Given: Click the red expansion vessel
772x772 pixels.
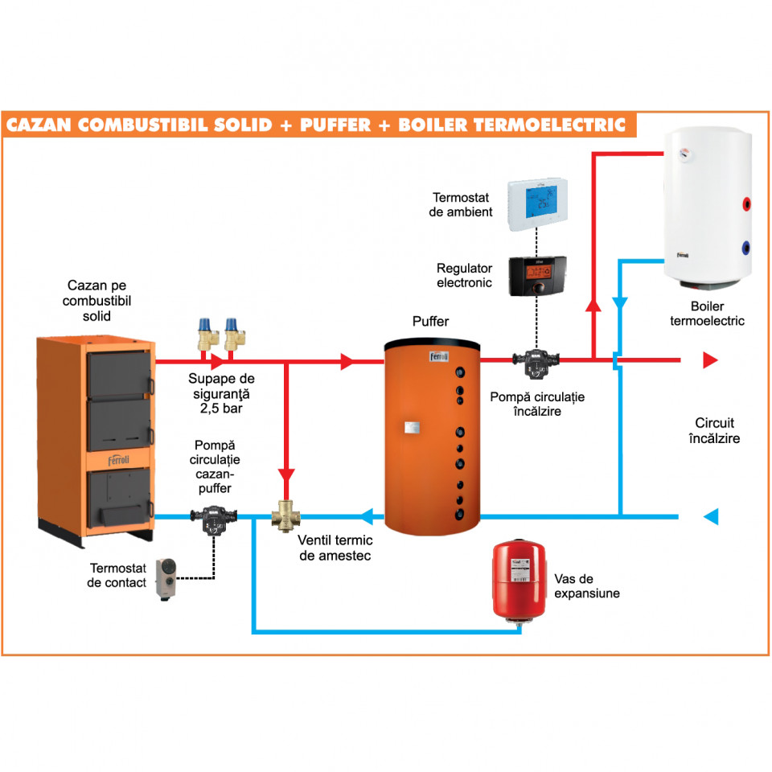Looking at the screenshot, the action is pyautogui.click(x=519, y=580).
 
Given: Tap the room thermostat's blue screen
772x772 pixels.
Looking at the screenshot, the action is pyautogui.click(x=541, y=202).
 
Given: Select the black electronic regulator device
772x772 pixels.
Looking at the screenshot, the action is pyautogui.click(x=537, y=276).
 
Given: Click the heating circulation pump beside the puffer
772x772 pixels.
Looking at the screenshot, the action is pyautogui.click(x=536, y=363).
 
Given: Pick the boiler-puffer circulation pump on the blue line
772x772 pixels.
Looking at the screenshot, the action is pyautogui.click(x=214, y=519).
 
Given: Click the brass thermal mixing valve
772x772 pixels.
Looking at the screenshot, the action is pyautogui.click(x=286, y=516).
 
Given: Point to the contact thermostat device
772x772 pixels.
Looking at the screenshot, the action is pyautogui.click(x=166, y=579).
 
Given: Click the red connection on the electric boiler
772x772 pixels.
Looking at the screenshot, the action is pyautogui.click(x=747, y=203).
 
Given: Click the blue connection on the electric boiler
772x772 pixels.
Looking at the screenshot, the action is pyautogui.click(x=746, y=247).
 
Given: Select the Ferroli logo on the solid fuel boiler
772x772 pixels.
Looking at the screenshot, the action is pyautogui.click(x=119, y=460).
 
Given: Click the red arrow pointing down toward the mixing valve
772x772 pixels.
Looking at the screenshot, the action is pyautogui.click(x=286, y=475).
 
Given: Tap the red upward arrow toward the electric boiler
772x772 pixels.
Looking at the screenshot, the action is pyautogui.click(x=593, y=306).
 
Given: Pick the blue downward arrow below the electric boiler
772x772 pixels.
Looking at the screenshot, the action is pyautogui.click(x=620, y=303).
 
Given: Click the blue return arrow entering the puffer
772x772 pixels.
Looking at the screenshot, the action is pyautogui.click(x=367, y=516).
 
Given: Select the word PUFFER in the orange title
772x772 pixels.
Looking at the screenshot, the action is pyautogui.click(x=335, y=125).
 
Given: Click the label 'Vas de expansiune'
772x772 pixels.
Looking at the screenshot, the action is pyautogui.click(x=587, y=586).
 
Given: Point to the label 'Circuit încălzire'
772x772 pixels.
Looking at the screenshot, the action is pyautogui.click(x=714, y=430).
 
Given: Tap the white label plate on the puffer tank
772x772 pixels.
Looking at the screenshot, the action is pyautogui.click(x=412, y=427).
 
